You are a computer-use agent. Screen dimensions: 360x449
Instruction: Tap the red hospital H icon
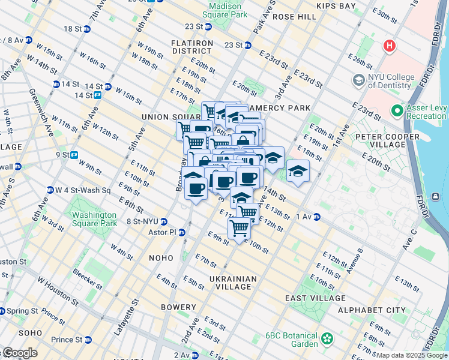pyautogui.click(x=390, y=46)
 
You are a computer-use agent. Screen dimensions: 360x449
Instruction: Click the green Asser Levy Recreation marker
pyautogui.click(x=397, y=111)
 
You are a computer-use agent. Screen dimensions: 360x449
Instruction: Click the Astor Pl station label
pyautogui.click(x=166, y=232)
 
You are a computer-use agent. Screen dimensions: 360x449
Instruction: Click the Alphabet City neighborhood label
pyautogui.click(x=380, y=310)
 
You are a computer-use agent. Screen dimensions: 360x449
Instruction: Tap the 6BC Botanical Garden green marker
pyautogui.click(x=328, y=340)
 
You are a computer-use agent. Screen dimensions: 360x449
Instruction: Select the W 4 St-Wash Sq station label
pyautogui.click(x=83, y=190)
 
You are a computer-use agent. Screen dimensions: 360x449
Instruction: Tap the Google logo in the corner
pyautogui.click(x=19, y=353)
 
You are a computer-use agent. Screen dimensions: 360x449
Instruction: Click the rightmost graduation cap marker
pyautogui.click(x=297, y=170)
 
